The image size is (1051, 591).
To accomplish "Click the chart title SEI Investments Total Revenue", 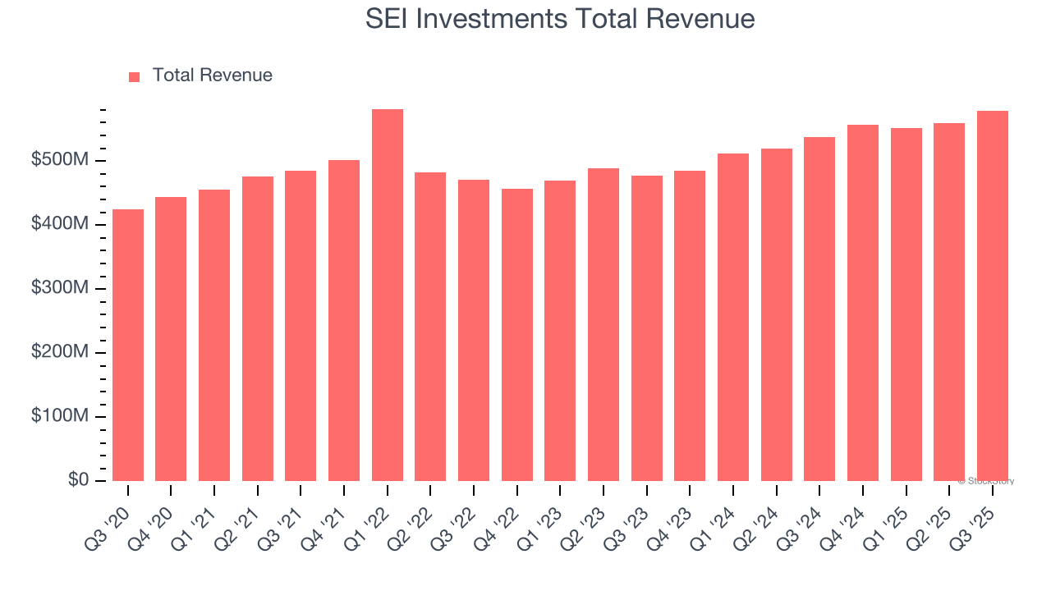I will (559, 19).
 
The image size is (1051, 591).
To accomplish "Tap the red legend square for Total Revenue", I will (135, 76).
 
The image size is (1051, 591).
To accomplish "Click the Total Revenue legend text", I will (212, 76).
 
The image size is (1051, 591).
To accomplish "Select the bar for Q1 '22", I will (387, 295).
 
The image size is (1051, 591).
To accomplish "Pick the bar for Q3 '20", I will (128, 345).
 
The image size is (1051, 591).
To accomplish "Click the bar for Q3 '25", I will (993, 295).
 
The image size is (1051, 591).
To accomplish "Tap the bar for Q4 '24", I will (863, 303).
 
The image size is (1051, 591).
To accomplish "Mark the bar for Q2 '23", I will (604, 324).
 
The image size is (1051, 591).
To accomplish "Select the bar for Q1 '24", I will (733, 317).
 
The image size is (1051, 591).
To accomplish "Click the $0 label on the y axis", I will (79, 480).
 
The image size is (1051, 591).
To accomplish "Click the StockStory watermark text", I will (986, 481).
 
